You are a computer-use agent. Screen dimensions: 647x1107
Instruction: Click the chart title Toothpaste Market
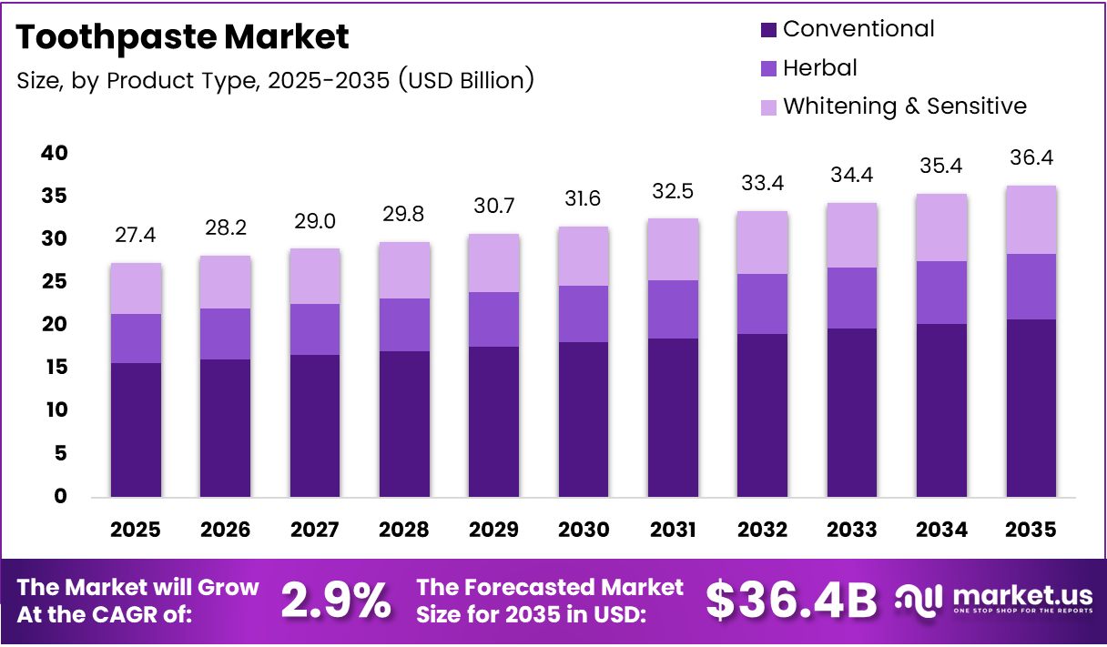pyautogui.click(x=182, y=37)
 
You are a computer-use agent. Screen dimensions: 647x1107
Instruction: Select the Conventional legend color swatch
pyautogui.click(x=768, y=30)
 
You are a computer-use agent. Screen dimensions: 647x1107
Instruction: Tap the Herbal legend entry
pyautogui.click(x=819, y=68)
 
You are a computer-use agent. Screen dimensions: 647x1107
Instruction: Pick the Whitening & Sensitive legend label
pyautogui.click(x=904, y=106)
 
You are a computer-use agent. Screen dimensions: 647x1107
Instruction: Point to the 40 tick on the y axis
pyautogui.click(x=54, y=153)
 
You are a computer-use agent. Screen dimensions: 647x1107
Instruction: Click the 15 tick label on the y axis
pyautogui.click(x=54, y=368)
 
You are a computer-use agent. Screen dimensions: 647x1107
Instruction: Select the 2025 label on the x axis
pyautogui.click(x=136, y=530)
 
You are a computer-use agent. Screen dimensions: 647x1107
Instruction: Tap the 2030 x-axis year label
pyautogui.click(x=584, y=530)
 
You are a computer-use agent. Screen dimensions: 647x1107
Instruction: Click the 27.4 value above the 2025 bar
pyautogui.click(x=136, y=236)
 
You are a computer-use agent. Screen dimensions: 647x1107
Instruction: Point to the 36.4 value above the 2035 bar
pyautogui.click(x=1031, y=158)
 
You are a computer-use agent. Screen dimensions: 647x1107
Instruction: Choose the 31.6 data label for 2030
pyautogui.click(x=584, y=199)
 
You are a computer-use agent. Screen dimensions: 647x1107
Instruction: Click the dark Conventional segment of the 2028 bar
pyautogui.click(x=404, y=423)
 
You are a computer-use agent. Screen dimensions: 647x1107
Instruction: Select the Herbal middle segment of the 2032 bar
pyautogui.click(x=763, y=304)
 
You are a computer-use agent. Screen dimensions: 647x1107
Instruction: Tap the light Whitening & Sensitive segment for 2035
pyautogui.click(x=1031, y=220)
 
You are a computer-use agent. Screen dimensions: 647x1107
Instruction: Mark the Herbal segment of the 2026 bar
pyautogui.click(x=225, y=334)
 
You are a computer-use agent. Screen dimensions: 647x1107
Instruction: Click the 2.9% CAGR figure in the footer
pyautogui.click(x=336, y=601)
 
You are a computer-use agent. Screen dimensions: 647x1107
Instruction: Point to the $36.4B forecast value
pyautogui.click(x=791, y=601)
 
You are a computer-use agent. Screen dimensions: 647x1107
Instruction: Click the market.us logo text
pyautogui.click(x=1021, y=596)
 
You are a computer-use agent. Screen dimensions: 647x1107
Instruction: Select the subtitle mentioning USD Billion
pyautogui.click(x=275, y=80)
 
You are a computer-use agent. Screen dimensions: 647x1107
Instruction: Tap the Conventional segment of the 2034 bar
pyautogui.click(x=941, y=409)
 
